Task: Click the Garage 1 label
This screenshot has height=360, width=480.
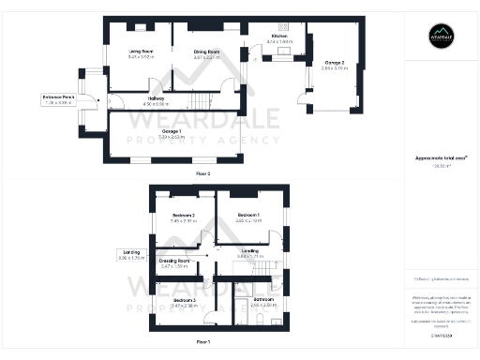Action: click(172, 131)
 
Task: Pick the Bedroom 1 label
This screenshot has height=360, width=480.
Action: click(248, 217)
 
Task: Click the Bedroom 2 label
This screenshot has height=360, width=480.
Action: click(184, 217)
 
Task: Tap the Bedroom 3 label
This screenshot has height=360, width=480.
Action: click(184, 301)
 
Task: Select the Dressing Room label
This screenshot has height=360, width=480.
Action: click(175, 262)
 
